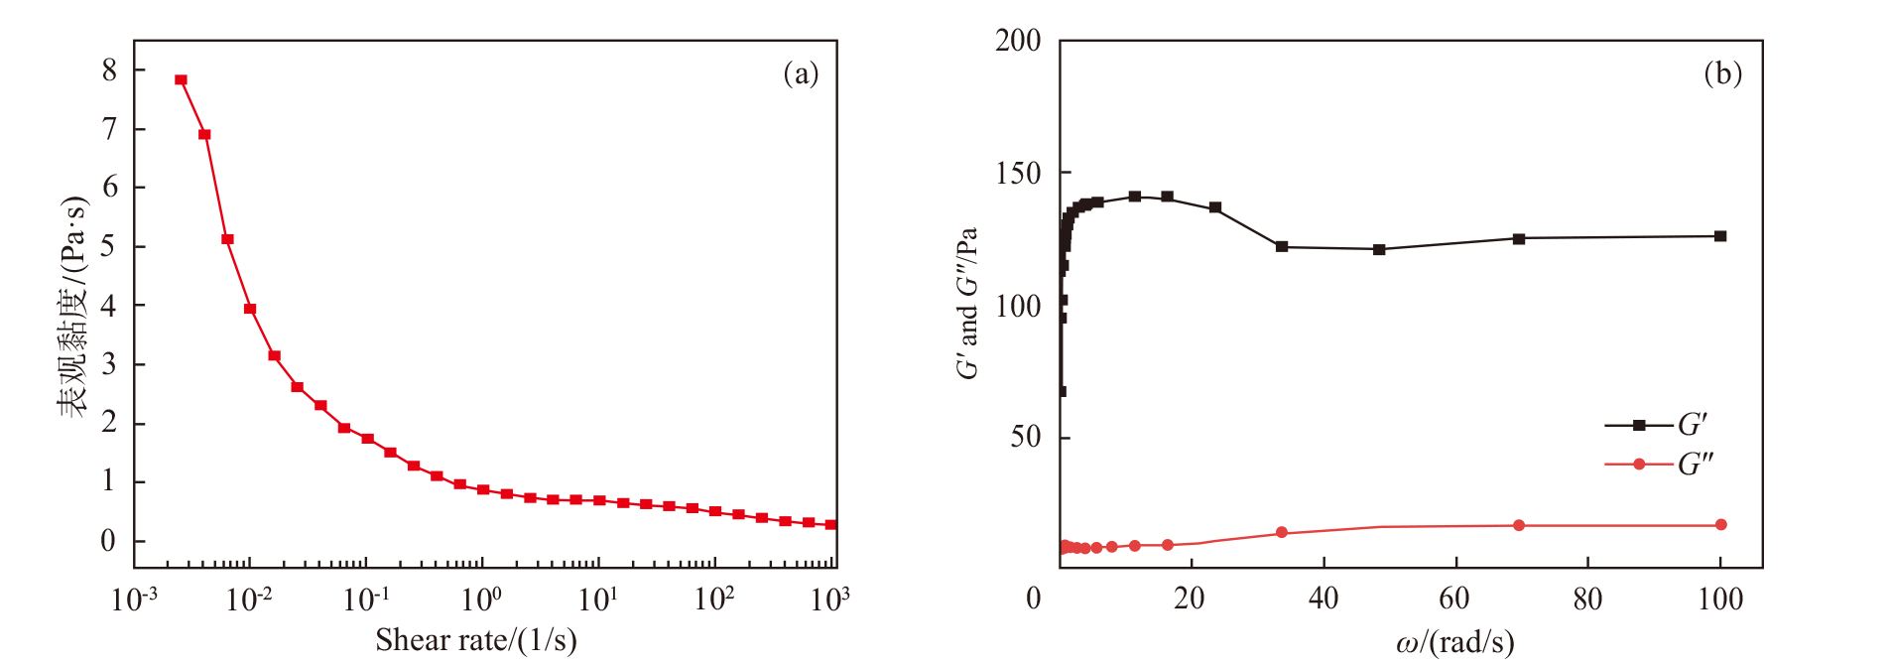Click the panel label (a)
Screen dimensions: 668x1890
[800, 73]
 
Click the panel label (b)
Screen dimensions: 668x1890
[1722, 73]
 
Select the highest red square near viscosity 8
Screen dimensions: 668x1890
[181, 80]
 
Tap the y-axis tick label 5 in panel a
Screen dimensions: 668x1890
[109, 245]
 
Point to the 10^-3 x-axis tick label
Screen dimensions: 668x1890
[134, 600]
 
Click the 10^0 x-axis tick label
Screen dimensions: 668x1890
[482, 600]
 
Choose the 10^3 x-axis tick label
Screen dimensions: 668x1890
[830, 600]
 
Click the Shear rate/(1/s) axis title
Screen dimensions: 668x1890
[475, 640]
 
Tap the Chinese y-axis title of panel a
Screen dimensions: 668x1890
[73, 306]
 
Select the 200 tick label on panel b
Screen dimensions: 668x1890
[1018, 41]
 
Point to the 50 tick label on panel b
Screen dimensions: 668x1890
[1026, 437]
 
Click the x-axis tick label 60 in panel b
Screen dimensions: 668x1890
[1454, 599]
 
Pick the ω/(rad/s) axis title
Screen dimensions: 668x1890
[1454, 642]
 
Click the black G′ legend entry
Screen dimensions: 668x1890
[1657, 425]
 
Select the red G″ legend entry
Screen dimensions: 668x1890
[1657, 465]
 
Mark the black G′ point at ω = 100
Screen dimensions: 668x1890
[1720, 236]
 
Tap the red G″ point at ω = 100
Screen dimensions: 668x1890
[1720, 525]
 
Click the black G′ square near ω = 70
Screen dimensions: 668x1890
[1518, 238]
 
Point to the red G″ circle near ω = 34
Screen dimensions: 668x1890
[1281, 533]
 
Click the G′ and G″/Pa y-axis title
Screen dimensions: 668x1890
[967, 304]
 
